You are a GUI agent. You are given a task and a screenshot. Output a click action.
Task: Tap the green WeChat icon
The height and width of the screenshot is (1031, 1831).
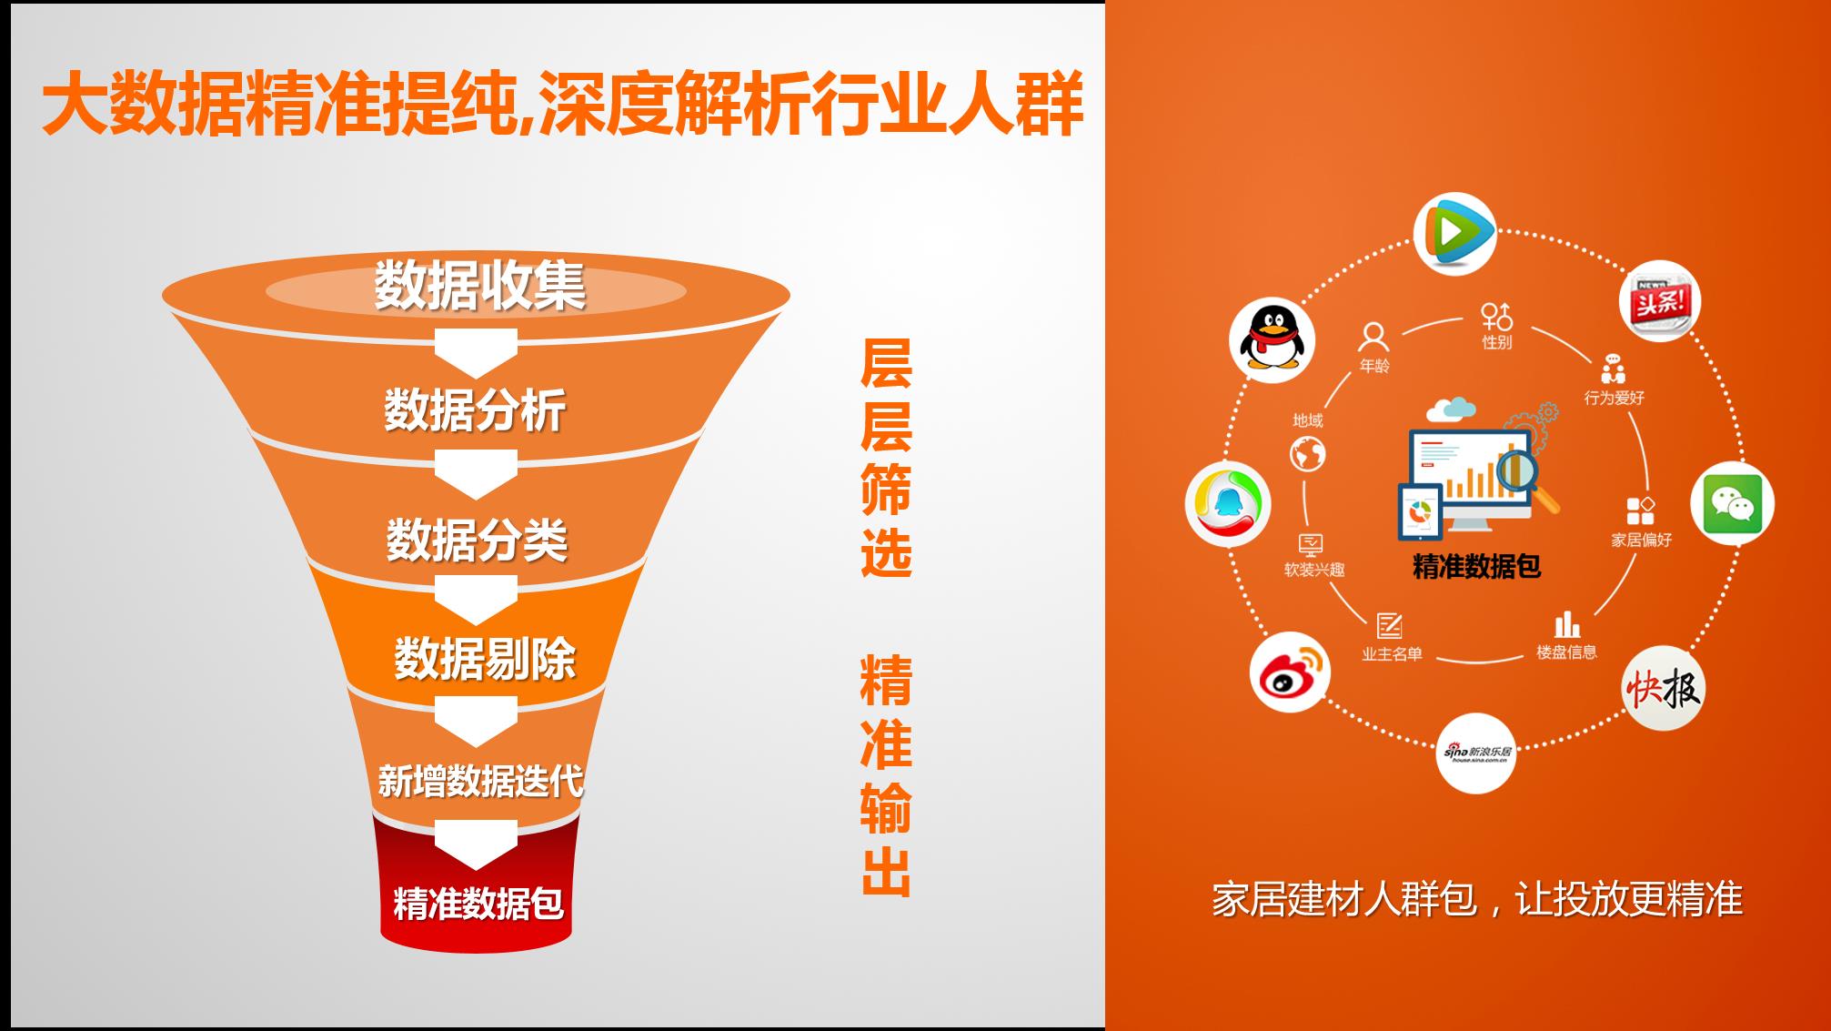pos(1732,503)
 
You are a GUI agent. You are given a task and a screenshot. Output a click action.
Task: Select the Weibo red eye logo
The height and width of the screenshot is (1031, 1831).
pos(1290,672)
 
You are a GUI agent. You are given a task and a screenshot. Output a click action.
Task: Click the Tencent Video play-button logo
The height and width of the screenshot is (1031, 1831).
pos(1455,233)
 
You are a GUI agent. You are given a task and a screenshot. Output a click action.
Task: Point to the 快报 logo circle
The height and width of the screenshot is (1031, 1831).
pos(1663,689)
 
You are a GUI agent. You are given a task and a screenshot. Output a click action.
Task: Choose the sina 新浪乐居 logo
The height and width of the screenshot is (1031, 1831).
pos(1476,753)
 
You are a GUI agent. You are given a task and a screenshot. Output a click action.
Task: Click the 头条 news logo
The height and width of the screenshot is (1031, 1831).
pos(1660,300)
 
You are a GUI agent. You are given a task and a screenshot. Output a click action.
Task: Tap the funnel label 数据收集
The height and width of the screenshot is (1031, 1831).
pos(480,286)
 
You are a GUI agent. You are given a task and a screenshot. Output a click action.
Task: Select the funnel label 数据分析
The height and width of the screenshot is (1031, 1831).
pos(475,409)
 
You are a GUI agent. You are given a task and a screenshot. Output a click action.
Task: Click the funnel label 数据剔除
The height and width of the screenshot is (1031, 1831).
pos(485,658)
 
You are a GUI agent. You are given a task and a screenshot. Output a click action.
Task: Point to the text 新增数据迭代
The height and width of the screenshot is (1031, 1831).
pos(480,781)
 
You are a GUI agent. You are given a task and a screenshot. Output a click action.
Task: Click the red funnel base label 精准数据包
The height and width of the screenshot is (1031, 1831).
pos(478,903)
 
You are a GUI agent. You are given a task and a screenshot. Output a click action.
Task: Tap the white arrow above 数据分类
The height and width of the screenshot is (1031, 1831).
pos(476,475)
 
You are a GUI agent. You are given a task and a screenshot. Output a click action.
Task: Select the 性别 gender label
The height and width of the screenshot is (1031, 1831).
pos(1497,342)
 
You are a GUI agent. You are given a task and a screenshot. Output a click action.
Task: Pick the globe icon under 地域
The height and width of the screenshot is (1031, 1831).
pos(1307,454)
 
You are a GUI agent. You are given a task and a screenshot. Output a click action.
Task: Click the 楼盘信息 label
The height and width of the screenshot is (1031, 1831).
pos(1566,652)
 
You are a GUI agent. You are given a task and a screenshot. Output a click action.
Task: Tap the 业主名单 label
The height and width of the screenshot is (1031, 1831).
pos(1392,653)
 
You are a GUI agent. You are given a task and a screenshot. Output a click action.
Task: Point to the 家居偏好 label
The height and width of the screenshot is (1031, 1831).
pos(1642,540)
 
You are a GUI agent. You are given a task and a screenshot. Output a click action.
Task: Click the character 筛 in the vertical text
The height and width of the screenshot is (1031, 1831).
pos(886,489)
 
